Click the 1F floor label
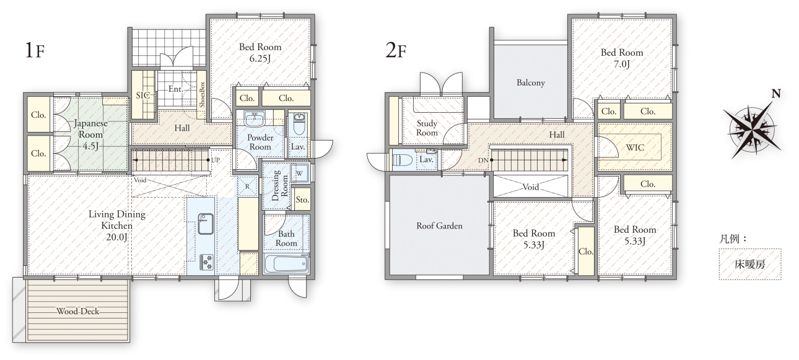pos(35,50)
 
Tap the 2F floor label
pos(396,50)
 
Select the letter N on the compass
pos(776,94)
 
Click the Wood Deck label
pos(78,311)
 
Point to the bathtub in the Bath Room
pos(286,264)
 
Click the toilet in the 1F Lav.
pos(299,125)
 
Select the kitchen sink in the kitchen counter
pos(206,224)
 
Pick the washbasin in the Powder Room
pos(255,118)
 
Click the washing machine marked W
pos(299,173)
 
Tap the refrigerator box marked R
pos(247,187)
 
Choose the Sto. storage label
pos(302,200)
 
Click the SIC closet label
pos(142,95)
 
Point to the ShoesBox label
pos(202,95)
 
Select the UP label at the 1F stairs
pos(215,160)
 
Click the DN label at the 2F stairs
pos(483,160)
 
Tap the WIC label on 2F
pos(635,147)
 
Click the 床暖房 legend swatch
pos(750,264)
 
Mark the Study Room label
pos(427,128)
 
